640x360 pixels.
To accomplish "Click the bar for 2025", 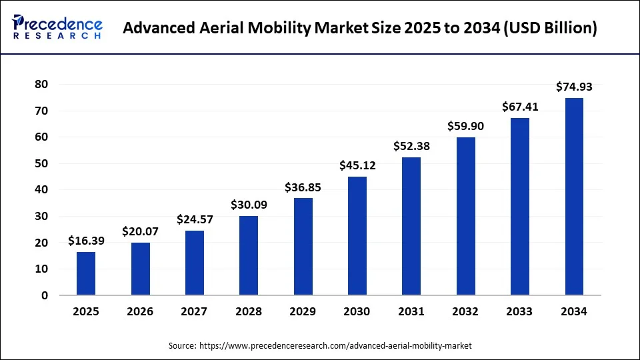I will pyautogui.click(x=86, y=273).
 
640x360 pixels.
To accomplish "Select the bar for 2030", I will pyautogui.click(x=357, y=236).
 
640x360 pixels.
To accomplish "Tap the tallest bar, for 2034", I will pyautogui.click(x=574, y=197).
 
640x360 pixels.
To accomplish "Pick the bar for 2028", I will pyautogui.click(x=249, y=255).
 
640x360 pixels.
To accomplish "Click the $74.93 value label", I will pyautogui.click(x=574, y=87).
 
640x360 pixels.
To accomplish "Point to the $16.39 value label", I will pyautogui.click(x=86, y=241).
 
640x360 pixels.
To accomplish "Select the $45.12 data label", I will pyautogui.click(x=357, y=165).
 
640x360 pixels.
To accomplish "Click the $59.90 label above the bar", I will pyautogui.click(x=466, y=126).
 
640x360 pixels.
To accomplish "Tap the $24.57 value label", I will pyautogui.click(x=195, y=219).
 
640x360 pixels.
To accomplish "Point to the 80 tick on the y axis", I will pyautogui.click(x=43, y=84).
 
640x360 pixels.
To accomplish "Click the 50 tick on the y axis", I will pyautogui.click(x=43, y=163).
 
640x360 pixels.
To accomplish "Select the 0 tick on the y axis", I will pyautogui.click(x=45, y=295).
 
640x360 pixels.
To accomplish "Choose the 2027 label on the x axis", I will pyautogui.click(x=195, y=311).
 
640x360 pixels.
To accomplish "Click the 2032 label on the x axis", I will pyautogui.click(x=466, y=311).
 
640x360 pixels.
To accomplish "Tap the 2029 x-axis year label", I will pyautogui.click(x=303, y=311).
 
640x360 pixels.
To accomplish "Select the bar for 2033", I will pyautogui.click(x=520, y=207).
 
